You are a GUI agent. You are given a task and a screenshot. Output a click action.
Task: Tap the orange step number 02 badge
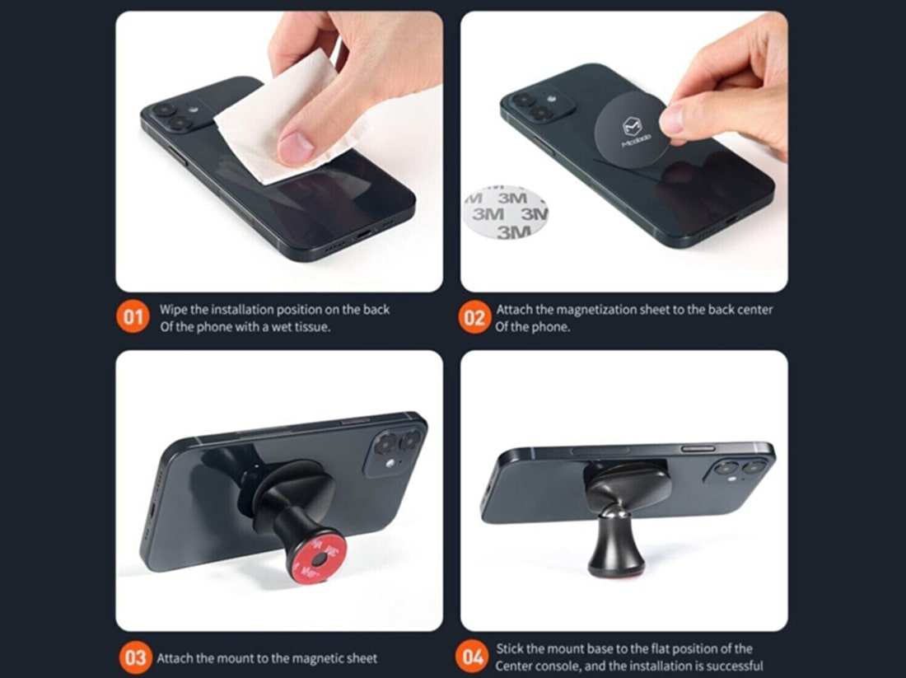coord(474,318)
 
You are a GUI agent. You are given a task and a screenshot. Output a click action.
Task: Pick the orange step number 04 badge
coord(474,657)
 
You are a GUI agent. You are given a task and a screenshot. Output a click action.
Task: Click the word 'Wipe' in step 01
coord(174,310)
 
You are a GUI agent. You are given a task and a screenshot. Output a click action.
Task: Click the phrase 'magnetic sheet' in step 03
coord(339,658)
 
